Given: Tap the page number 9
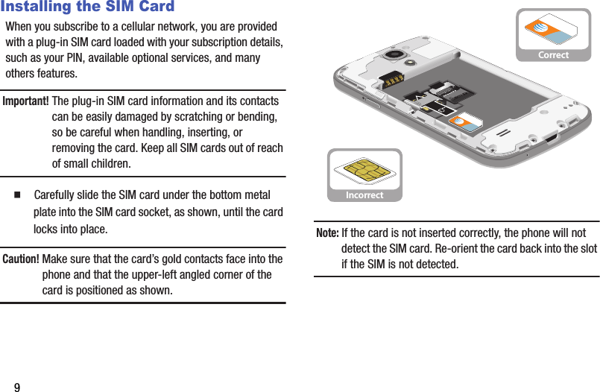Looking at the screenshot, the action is coord(16,388).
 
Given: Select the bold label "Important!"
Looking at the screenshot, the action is coord(26,101).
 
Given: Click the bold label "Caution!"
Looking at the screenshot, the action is coord(22,259).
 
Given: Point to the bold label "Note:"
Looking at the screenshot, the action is coord(327,233).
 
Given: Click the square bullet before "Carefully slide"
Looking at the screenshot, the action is coord(16,195).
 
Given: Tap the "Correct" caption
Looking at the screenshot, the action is coord(553,55).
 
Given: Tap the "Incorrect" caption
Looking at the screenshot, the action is coord(364,195).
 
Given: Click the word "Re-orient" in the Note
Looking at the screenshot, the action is coord(464,248).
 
